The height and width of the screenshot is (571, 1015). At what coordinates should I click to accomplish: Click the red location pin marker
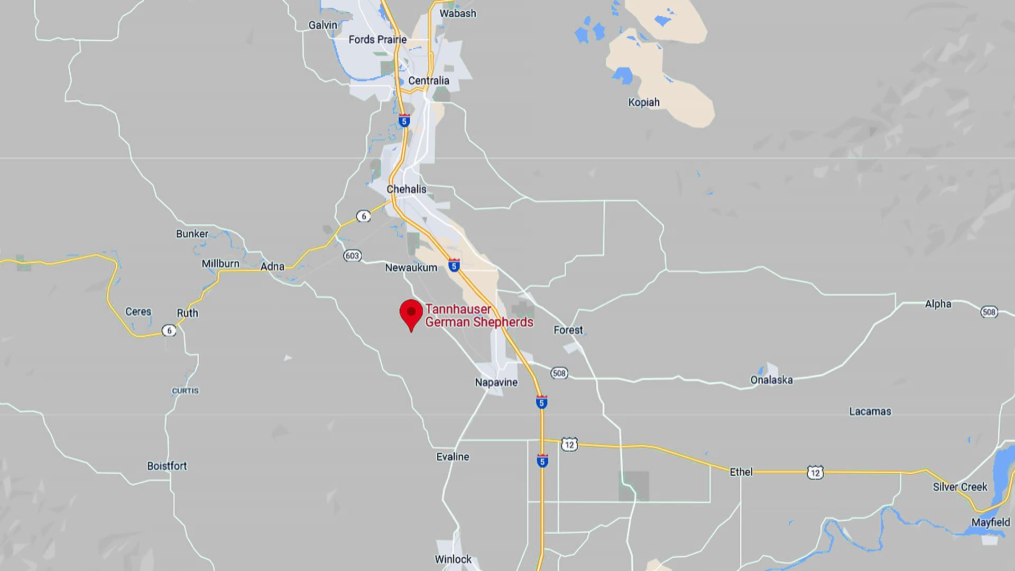pyautogui.click(x=411, y=312)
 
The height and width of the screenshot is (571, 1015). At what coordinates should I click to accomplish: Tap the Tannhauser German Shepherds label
pyautogui.click(x=478, y=316)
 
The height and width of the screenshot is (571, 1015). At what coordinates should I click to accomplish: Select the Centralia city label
pyautogui.click(x=428, y=81)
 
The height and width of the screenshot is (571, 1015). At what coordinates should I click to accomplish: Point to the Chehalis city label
pyautogui.click(x=406, y=189)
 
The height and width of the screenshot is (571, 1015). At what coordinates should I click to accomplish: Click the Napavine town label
pyautogui.click(x=496, y=382)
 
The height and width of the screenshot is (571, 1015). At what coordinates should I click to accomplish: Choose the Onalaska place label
pyautogui.click(x=771, y=380)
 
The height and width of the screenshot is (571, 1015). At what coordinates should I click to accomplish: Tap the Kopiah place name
pyautogui.click(x=643, y=103)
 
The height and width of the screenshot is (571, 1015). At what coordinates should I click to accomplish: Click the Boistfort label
pyautogui.click(x=167, y=466)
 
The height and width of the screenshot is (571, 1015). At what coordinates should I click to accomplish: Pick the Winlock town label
pyautogui.click(x=453, y=559)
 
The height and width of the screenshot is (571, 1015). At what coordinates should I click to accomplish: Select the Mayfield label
pyautogui.click(x=990, y=522)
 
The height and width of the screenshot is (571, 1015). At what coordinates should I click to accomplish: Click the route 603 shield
pyautogui.click(x=352, y=256)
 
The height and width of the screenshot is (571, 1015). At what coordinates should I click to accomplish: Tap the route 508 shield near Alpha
pyautogui.click(x=989, y=312)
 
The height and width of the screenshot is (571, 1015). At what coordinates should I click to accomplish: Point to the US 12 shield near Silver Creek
pyautogui.click(x=815, y=473)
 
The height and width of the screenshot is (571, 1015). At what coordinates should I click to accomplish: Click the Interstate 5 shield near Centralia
pyautogui.click(x=404, y=121)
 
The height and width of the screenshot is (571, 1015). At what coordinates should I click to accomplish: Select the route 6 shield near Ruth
pyautogui.click(x=169, y=331)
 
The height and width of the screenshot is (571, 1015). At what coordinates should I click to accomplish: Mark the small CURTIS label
pyautogui.click(x=185, y=391)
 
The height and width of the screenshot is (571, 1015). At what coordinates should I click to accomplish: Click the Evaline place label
pyautogui.click(x=453, y=457)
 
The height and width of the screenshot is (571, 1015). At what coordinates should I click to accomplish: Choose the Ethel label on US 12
pyautogui.click(x=741, y=472)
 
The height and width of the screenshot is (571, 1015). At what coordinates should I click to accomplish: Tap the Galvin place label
pyautogui.click(x=322, y=25)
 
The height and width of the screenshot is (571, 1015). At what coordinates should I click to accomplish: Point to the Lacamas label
pyautogui.click(x=870, y=411)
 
